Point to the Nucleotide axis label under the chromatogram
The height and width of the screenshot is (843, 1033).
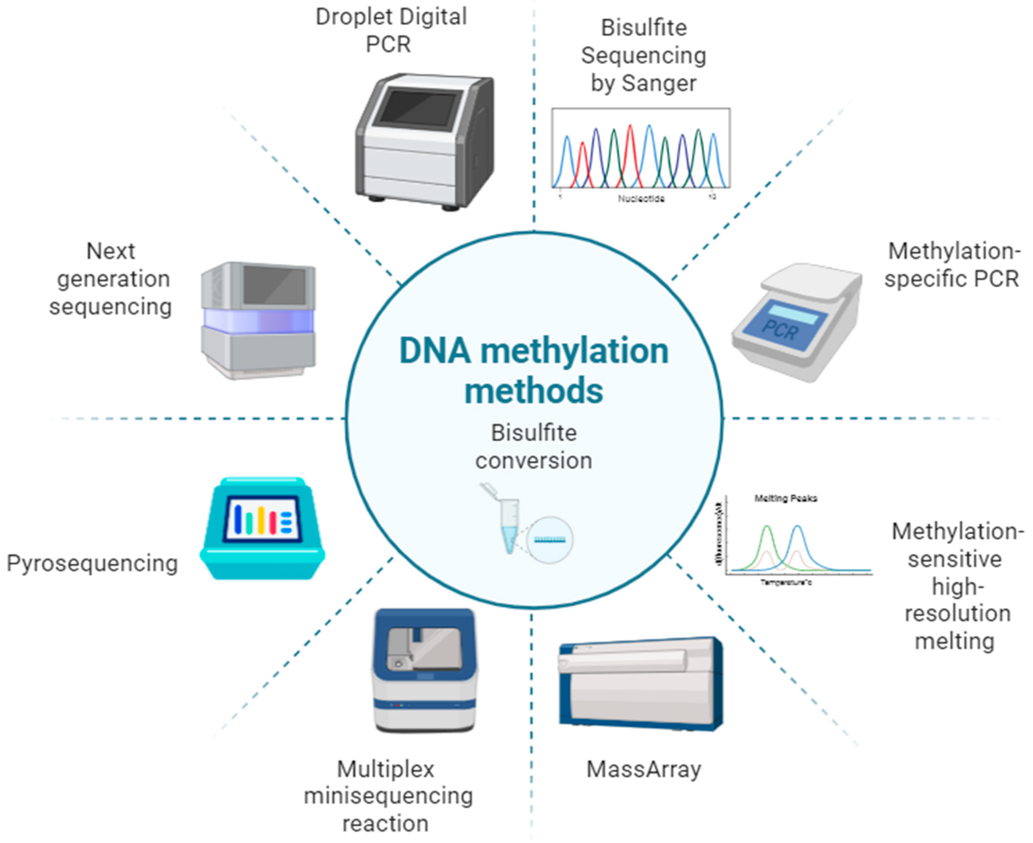click(x=641, y=199)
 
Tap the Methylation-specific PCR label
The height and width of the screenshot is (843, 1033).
click(x=951, y=265)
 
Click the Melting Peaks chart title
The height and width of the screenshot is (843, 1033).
click(x=785, y=498)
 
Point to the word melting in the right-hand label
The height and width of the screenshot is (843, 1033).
click(x=955, y=641)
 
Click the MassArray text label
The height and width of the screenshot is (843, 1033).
click(x=644, y=770)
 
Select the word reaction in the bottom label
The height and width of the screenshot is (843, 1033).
click(x=386, y=824)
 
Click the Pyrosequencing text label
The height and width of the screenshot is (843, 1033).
click(x=92, y=564)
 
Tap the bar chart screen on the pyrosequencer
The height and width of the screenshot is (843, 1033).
click(x=262, y=519)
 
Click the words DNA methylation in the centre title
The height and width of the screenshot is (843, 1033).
click(x=533, y=351)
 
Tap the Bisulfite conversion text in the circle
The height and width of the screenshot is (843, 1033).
click(x=533, y=447)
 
